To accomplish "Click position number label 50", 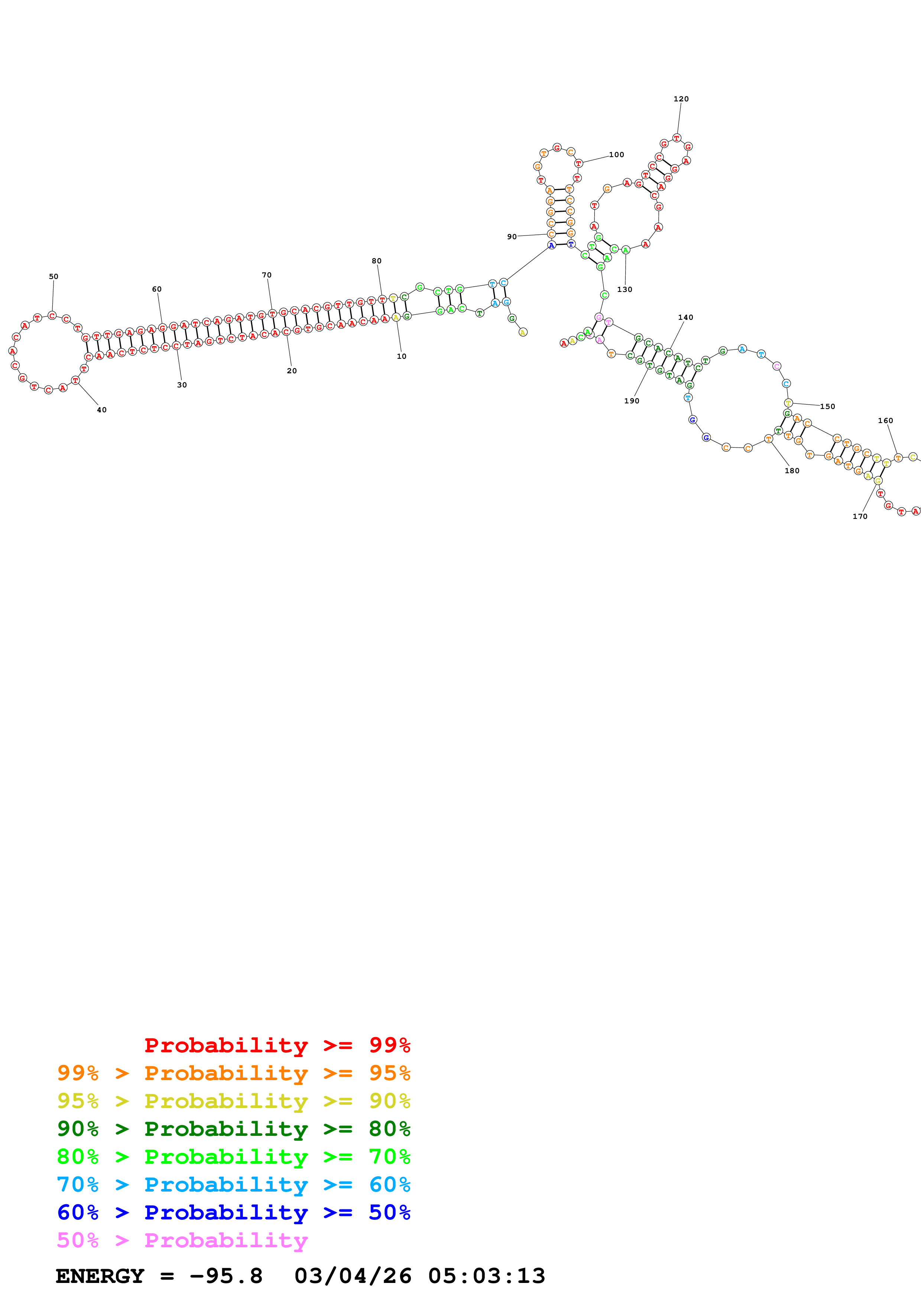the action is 53,276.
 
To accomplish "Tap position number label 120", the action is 681,99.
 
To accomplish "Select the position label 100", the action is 616,155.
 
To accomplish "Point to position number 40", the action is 101,410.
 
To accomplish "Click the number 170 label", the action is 860,516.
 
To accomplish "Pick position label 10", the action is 401,357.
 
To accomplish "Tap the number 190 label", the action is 632,401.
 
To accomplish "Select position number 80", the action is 376,261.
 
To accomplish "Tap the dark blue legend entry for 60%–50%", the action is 233,1212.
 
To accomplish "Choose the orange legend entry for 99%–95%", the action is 233,1073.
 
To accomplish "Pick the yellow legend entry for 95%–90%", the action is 233,1101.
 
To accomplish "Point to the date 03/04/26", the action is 353,1276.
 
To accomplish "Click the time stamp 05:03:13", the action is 486,1276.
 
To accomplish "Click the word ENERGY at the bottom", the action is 100,1276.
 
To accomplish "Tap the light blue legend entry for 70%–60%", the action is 233,1185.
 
